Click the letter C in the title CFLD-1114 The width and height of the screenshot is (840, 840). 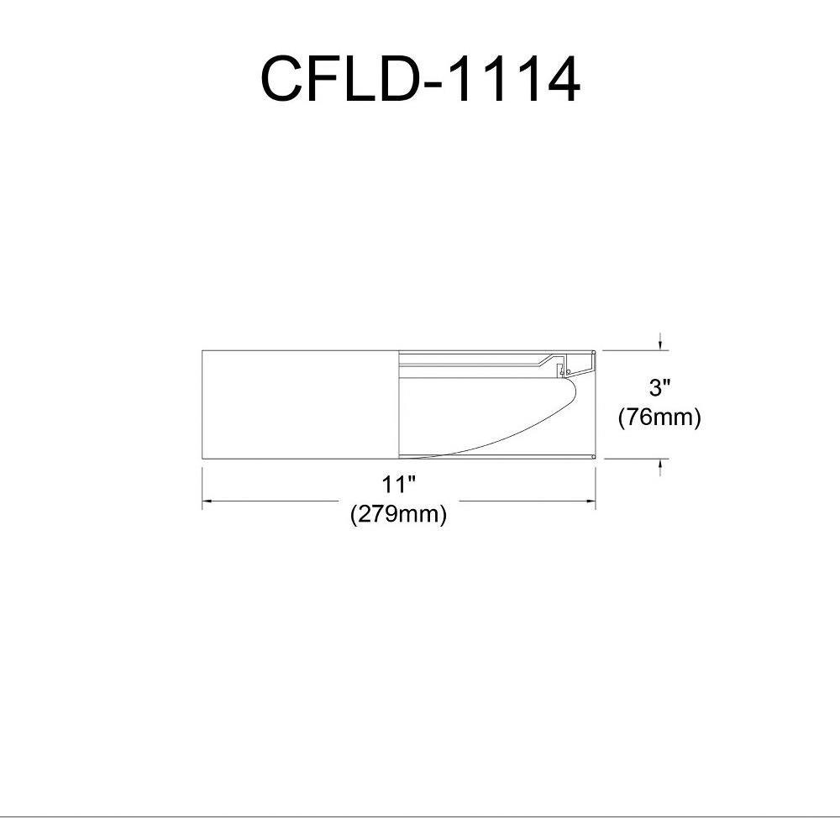[281, 79]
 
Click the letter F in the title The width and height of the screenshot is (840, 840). [324, 79]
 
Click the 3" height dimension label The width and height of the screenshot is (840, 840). [659, 387]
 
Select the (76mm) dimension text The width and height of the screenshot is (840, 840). [659, 417]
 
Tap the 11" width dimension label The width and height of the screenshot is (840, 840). [398, 485]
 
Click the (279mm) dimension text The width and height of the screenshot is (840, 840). [398, 514]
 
